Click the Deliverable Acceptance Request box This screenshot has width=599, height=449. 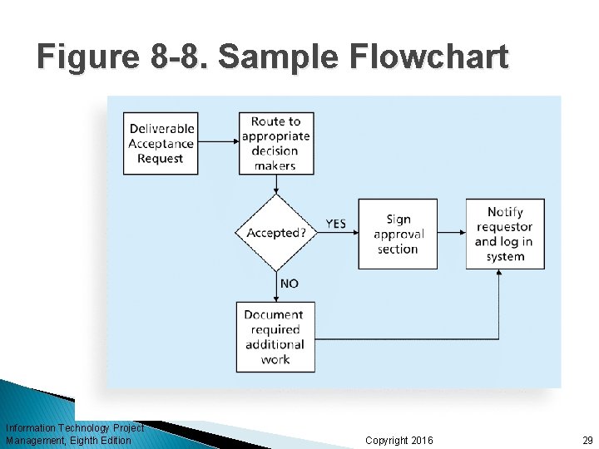161,143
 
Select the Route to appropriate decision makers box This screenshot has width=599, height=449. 275,143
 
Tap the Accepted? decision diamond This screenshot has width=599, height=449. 275,233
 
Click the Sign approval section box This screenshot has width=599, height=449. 398,234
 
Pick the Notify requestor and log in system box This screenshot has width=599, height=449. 505,234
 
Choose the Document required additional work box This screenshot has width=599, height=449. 275,336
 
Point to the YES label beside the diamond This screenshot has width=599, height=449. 335,224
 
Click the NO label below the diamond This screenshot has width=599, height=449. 289,284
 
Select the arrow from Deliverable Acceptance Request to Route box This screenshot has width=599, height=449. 218,142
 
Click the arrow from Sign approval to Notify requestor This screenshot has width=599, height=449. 451,234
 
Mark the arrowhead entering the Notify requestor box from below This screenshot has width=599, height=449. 499,274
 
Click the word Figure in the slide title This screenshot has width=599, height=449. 84,57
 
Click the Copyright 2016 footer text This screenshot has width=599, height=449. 399,440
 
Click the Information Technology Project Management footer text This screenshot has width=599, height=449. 74,434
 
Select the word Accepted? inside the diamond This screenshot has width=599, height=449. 275,233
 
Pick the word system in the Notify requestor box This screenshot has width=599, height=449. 505,257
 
